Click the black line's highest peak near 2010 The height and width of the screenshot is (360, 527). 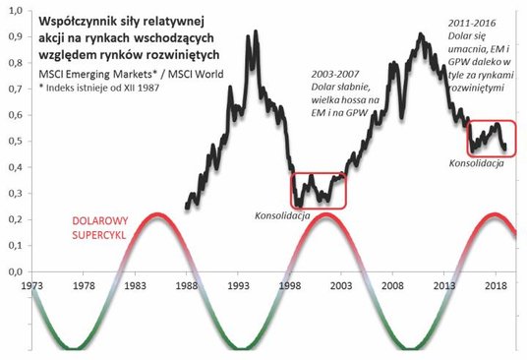[x=421, y=34]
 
